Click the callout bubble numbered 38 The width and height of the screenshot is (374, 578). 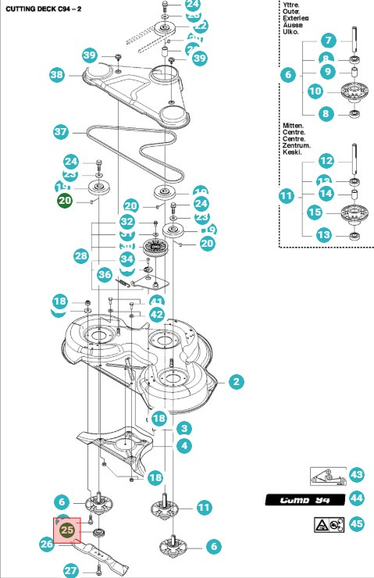click(56, 75)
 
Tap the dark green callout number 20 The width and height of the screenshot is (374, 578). click(64, 201)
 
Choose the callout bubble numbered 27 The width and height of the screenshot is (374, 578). click(71, 570)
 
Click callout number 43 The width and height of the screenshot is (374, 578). click(357, 475)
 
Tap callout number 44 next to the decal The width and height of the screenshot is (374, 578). click(357, 498)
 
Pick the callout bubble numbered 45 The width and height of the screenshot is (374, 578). click(357, 523)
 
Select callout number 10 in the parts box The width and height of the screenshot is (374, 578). click(315, 91)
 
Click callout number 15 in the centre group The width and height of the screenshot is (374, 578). click(315, 212)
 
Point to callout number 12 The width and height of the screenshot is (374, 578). click(326, 160)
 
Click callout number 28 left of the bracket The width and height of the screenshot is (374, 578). click(81, 256)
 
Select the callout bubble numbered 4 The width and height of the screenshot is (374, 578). click(184, 445)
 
